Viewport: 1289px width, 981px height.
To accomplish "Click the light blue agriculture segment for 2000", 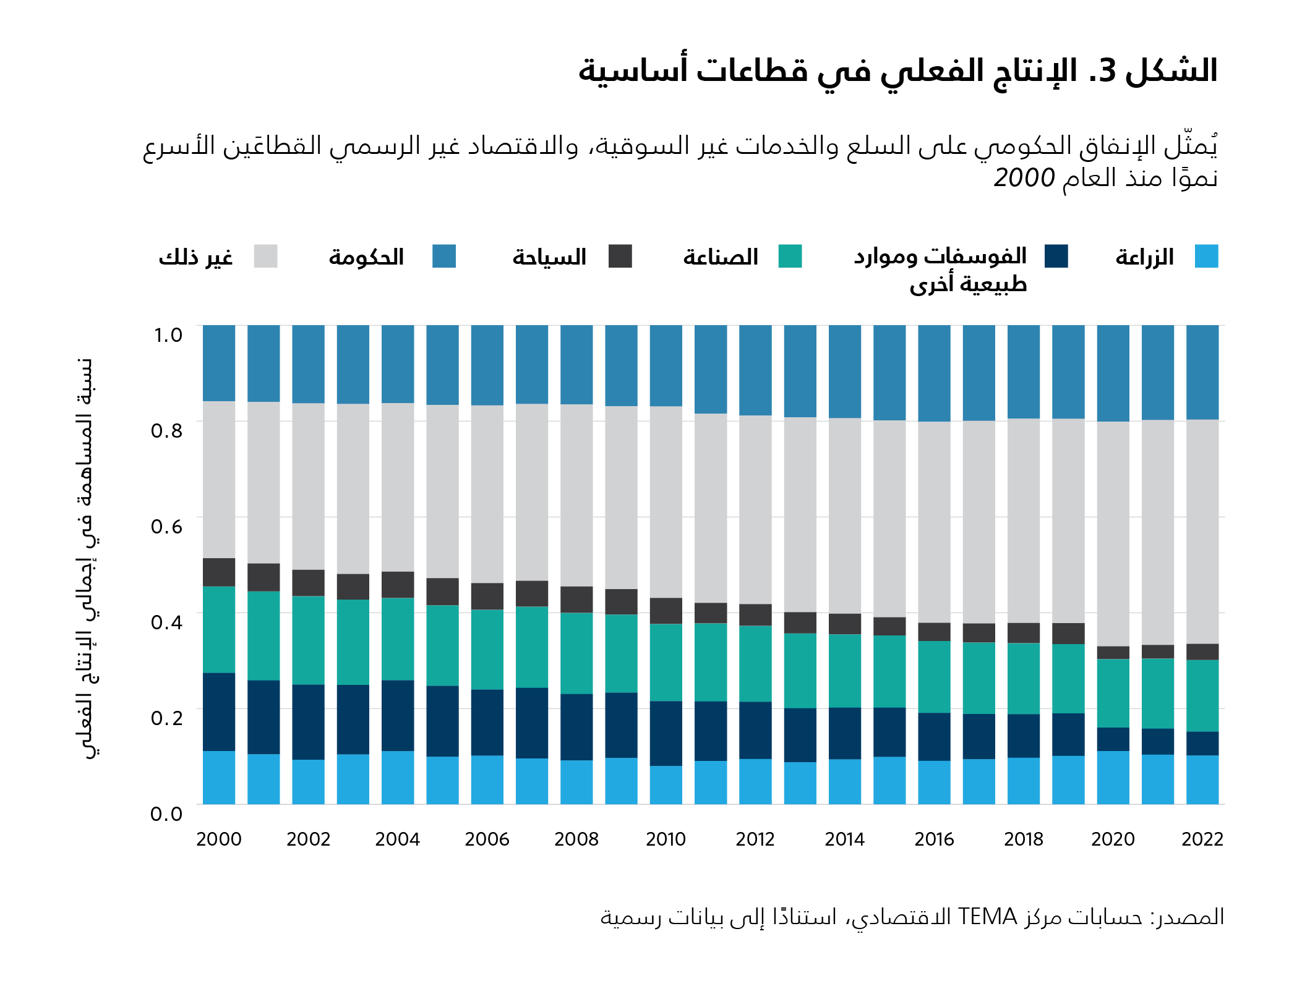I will pyautogui.click(x=219, y=777).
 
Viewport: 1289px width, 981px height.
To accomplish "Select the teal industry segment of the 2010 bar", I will pyautogui.click(x=666, y=662).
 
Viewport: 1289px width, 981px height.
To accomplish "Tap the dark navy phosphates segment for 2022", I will pyautogui.click(x=1202, y=743).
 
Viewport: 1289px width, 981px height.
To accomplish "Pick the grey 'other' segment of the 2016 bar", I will pyautogui.click(x=934, y=522).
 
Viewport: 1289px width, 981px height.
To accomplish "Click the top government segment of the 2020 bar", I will pyautogui.click(x=1113, y=373).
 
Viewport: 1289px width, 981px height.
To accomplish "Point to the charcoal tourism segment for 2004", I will pyautogui.click(x=398, y=584).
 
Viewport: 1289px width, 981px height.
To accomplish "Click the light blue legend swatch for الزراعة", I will pyautogui.click(x=1206, y=257).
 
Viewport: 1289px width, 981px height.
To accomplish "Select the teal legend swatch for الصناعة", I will pyautogui.click(x=790, y=257).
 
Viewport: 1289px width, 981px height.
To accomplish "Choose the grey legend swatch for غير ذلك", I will pyautogui.click(x=265, y=257).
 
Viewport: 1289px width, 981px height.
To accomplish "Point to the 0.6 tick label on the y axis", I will pyautogui.click(x=167, y=527).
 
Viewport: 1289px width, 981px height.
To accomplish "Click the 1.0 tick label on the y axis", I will pyautogui.click(x=168, y=335).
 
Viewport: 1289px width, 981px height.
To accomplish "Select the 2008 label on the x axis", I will pyautogui.click(x=576, y=839).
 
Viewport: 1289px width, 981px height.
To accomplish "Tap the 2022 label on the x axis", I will pyautogui.click(x=1202, y=839).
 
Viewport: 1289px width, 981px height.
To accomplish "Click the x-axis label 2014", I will pyautogui.click(x=844, y=839).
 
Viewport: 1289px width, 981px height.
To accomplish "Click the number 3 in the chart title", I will pyautogui.click(x=1107, y=71).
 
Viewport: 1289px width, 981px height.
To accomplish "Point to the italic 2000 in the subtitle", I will pyautogui.click(x=1024, y=178).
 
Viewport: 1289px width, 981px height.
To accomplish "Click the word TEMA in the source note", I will pyautogui.click(x=987, y=917).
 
